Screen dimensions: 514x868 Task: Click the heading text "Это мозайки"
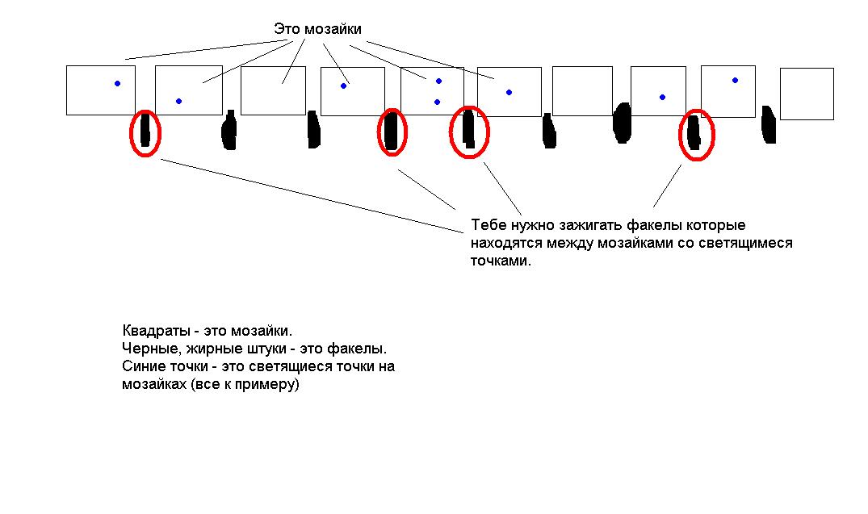tap(317, 29)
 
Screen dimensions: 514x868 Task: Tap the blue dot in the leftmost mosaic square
tap(117, 83)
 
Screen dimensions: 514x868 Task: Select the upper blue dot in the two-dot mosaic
tap(438, 81)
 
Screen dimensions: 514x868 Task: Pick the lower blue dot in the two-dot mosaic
tap(437, 102)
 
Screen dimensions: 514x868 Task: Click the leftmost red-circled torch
tap(145, 132)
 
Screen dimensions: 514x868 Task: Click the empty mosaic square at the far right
tap(806, 94)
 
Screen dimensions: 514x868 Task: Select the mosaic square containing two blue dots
tap(432, 91)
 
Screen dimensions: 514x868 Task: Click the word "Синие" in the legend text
tap(140, 367)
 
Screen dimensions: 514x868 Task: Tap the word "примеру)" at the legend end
tap(271, 385)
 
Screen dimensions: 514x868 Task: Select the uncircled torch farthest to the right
tap(769, 125)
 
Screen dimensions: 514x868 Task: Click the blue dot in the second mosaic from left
tap(178, 101)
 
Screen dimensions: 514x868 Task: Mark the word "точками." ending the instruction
tap(501, 261)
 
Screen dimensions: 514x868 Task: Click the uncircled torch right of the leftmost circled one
tap(229, 131)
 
